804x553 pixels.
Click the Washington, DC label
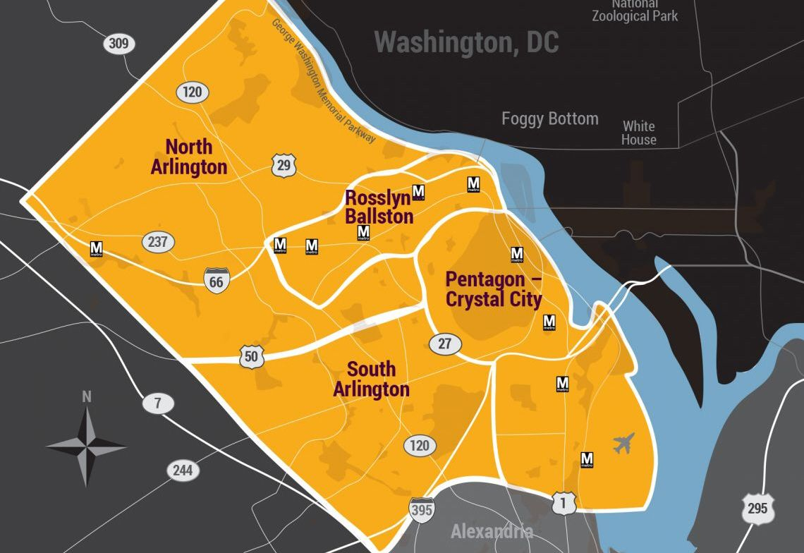coord(466,42)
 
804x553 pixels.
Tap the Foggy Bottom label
coord(549,119)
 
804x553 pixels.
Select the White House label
coord(638,133)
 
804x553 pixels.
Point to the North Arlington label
coord(189,157)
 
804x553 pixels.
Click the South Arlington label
coord(371,379)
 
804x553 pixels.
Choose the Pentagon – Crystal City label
coord(494,289)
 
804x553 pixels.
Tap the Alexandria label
coord(492,531)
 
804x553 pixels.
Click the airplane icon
coord(623,443)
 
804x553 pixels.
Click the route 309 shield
coord(118,44)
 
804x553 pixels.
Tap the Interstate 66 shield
coord(216,281)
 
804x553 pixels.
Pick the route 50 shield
coord(251,357)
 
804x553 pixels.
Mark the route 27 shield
coord(445,344)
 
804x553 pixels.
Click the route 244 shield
coord(183,470)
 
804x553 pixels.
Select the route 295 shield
coord(757,509)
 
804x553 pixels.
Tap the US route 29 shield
coord(283,166)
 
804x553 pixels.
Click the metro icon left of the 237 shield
coord(97,249)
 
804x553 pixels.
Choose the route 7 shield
coord(158,404)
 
